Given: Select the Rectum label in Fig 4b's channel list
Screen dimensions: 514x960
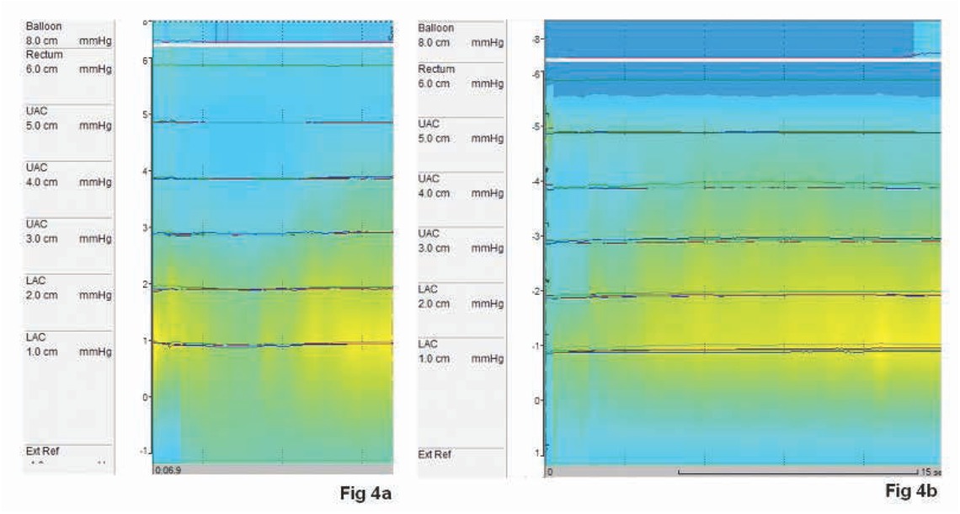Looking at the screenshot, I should [436, 68].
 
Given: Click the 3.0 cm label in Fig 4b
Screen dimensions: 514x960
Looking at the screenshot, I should [435, 247].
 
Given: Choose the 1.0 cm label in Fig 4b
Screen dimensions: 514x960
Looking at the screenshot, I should [435, 358].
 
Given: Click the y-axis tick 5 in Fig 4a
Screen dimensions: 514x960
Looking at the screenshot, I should [146, 115].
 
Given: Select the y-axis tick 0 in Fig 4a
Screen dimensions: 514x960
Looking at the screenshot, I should [146, 396].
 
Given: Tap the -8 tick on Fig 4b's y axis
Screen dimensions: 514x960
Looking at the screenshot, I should [536, 39].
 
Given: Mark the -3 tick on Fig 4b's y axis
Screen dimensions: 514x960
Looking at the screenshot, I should [536, 237].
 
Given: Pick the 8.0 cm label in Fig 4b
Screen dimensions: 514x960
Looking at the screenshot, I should [435, 40].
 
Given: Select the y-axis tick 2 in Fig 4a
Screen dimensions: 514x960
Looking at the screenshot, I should [146, 285].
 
